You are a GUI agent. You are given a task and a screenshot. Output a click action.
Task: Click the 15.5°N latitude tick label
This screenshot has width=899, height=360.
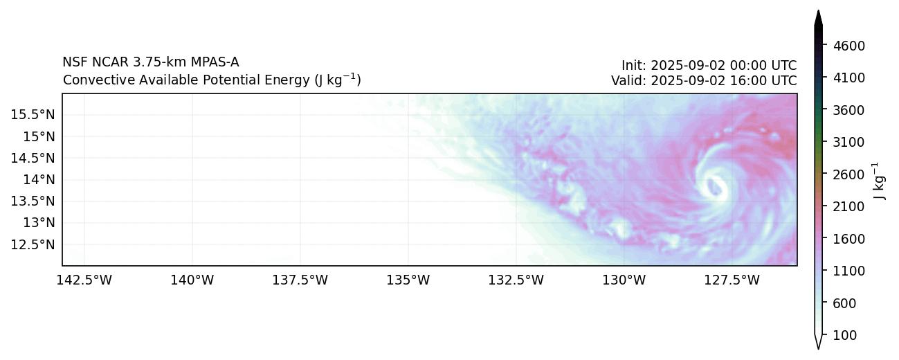33,114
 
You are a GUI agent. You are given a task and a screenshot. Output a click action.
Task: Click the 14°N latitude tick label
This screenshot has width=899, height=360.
38,179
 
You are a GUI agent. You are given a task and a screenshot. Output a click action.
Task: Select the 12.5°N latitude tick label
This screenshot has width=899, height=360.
33,244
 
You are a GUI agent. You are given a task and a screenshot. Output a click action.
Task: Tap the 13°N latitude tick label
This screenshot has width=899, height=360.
38,223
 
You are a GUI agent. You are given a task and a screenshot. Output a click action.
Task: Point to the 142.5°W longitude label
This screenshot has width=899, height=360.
84,280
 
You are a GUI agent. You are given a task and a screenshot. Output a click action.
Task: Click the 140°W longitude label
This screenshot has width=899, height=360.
192,280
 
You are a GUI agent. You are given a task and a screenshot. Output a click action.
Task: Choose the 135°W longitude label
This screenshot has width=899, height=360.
408,280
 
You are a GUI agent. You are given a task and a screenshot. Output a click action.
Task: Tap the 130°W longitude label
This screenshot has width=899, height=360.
624,280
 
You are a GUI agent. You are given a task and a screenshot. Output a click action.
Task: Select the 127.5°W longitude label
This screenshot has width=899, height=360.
732,280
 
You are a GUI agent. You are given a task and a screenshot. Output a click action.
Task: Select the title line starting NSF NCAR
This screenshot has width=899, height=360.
151,63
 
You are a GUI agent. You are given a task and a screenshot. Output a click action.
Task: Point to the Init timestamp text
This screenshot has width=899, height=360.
709,66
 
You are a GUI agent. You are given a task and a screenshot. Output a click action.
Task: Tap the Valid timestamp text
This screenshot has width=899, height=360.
704,80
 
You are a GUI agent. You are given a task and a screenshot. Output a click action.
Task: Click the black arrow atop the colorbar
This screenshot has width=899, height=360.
819,19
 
